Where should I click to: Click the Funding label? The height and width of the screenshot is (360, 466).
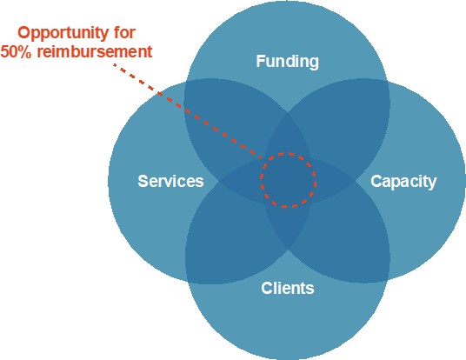pos(288,62)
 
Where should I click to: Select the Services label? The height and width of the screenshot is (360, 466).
pos(170,181)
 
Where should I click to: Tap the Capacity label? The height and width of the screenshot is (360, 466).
pos(403,182)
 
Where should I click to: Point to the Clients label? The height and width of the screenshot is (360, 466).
pos(288,288)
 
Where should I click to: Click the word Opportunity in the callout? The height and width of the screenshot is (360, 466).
pos(63,34)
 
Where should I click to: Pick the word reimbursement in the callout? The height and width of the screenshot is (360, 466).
pos(95,51)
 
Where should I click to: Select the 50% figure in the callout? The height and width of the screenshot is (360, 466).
pos(16,51)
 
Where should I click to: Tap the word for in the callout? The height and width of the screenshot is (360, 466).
pos(124,32)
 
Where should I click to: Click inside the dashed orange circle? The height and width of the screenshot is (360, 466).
pos(288,180)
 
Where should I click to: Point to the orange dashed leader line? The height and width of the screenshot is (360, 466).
pos(187,110)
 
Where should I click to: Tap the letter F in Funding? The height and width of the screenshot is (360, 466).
pos(261,61)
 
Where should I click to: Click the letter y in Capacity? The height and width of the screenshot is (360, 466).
pos(432,183)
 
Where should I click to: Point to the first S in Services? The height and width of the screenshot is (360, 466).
pos(143,181)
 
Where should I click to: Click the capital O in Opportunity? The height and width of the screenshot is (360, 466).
pos(23,33)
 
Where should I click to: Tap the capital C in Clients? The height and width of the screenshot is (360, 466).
pos(267,288)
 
